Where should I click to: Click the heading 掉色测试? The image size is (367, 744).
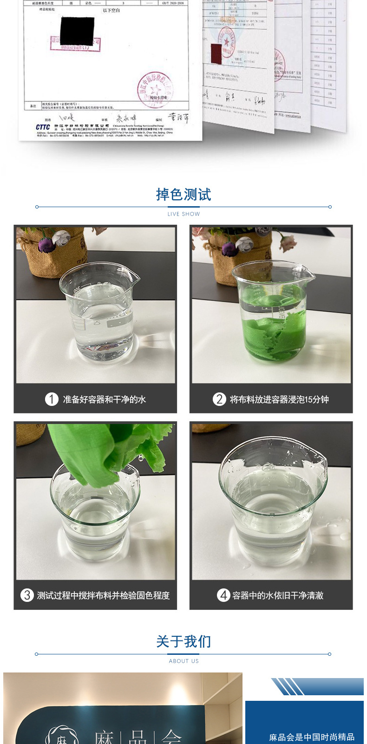[x=183, y=195]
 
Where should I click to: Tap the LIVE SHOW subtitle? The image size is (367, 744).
[x=183, y=214]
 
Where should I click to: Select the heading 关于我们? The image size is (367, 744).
[x=183, y=641]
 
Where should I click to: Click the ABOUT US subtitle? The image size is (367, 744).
[x=183, y=661]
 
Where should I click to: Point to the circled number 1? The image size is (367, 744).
[x=52, y=399]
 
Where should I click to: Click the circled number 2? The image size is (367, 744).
[x=219, y=399]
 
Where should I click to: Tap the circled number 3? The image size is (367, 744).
[x=27, y=595]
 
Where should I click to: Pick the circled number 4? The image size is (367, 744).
[x=223, y=595]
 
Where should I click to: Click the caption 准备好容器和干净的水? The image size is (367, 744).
[x=105, y=399]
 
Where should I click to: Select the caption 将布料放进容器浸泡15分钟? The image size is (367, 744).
[x=279, y=399]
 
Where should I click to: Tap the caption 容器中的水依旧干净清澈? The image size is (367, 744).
[x=278, y=595]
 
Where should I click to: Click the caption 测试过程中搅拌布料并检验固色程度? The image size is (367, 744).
[x=103, y=595]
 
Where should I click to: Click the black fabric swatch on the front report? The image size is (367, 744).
[x=77, y=31]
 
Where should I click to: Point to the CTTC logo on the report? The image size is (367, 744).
[x=43, y=127]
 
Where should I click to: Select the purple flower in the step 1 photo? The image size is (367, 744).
[x=46, y=245]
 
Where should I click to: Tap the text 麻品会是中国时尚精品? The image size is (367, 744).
[x=311, y=737]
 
